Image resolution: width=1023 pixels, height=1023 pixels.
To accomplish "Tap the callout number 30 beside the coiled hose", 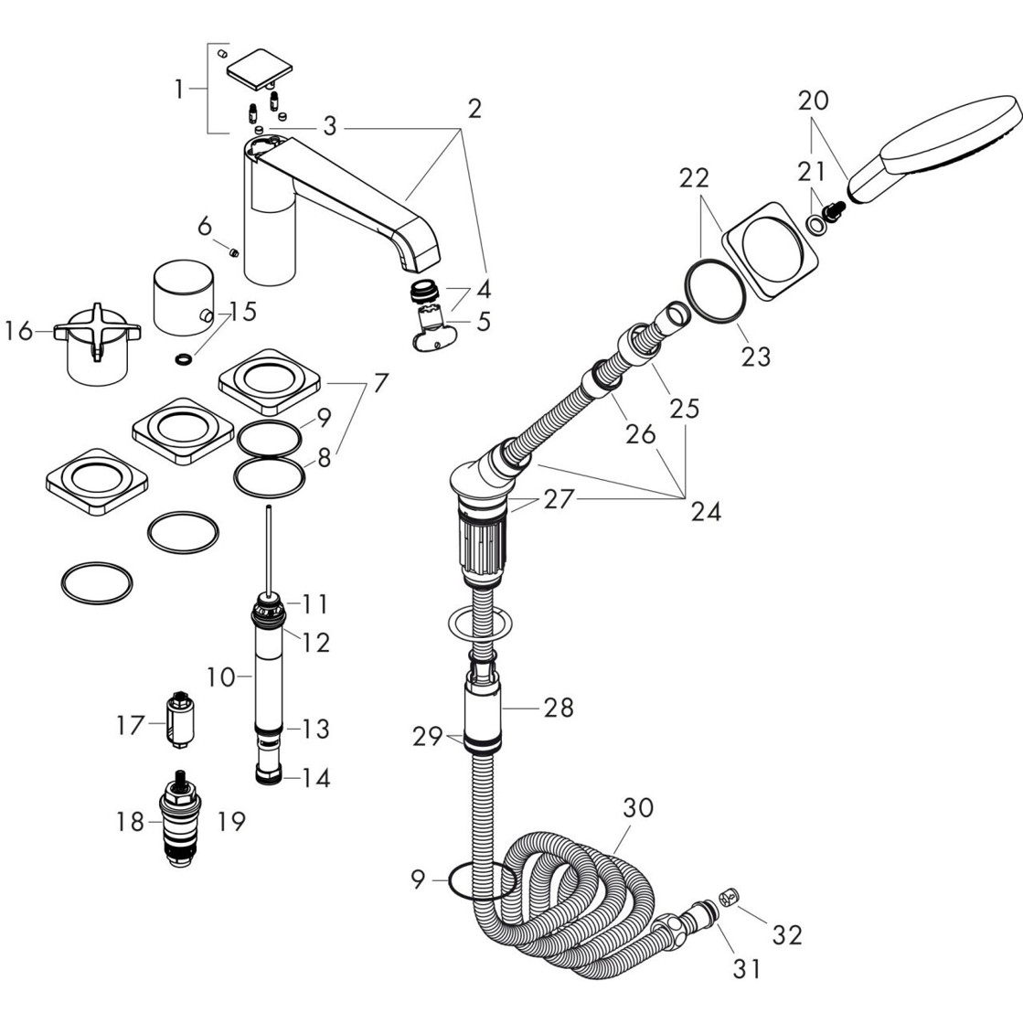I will (x=640, y=808).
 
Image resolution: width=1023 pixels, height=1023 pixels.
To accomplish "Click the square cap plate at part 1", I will (x=259, y=68).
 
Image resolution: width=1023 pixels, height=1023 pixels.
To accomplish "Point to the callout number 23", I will (x=755, y=356).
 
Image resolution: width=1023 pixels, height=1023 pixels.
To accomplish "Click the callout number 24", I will (x=705, y=512).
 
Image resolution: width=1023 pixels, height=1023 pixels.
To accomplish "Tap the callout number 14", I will (x=315, y=778).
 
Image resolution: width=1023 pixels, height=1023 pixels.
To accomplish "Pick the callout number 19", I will (x=232, y=821).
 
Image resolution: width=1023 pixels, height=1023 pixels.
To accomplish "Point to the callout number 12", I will (x=315, y=643).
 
